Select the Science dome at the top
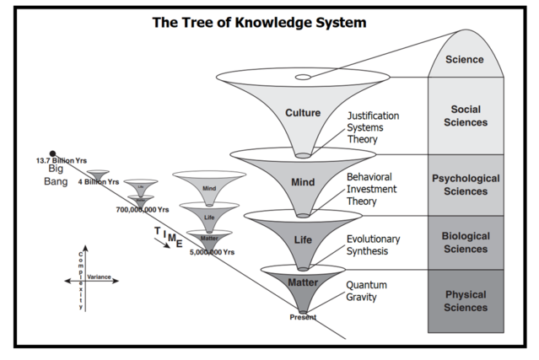[x=465, y=60]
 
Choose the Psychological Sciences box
[x=466, y=185]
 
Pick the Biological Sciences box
[x=466, y=243]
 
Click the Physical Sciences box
[x=466, y=301]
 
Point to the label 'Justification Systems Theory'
[x=373, y=128]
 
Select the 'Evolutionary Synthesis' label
[x=373, y=245]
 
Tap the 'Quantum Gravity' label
[x=367, y=291]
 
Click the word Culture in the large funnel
[x=302, y=113]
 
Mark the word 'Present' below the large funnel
[x=302, y=317]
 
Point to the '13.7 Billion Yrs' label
[x=61, y=161]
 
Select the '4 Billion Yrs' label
[x=99, y=182]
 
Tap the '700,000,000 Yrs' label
[x=143, y=209]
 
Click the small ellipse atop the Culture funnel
[x=302, y=78]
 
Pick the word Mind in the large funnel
[x=302, y=181]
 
